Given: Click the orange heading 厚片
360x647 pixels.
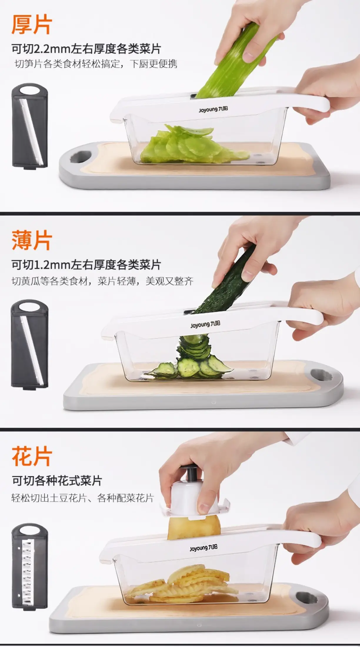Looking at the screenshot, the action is tap(32, 25).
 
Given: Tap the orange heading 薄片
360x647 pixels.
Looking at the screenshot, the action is tap(32, 240).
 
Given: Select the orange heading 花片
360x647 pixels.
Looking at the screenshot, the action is tap(32, 456).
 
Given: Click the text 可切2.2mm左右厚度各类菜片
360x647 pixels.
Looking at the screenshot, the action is tap(86, 49).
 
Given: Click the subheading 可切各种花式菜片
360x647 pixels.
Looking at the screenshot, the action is tap(57, 481).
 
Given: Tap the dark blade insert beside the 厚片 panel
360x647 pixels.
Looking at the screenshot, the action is tap(29, 126).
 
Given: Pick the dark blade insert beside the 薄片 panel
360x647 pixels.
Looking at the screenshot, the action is tap(29, 343).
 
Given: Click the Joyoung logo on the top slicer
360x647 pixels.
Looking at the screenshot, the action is tap(213, 109).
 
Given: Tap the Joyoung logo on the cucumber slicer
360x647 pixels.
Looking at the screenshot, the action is tap(205, 324).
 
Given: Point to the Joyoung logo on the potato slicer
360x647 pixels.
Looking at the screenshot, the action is tap(204, 548).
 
